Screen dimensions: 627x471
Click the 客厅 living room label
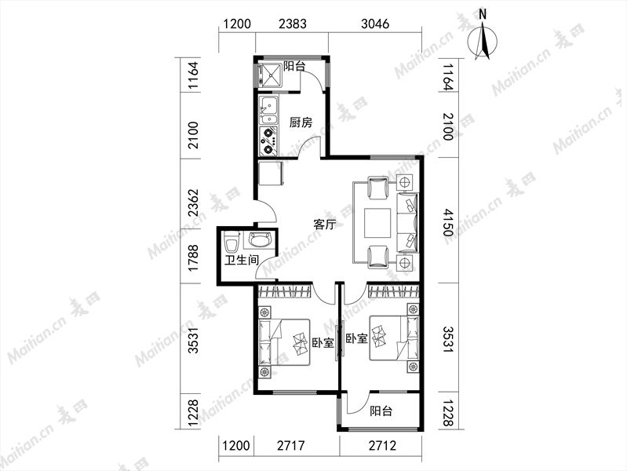point(324,225)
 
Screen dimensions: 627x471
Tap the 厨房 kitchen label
point(301,122)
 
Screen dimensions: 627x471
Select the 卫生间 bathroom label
point(241,260)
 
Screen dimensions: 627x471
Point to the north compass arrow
point(483,41)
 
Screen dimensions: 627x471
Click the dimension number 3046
point(374,24)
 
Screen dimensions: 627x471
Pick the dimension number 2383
point(293,24)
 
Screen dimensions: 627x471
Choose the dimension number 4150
point(449,221)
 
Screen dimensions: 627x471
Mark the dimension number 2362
point(194,203)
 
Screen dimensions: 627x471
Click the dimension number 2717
point(290,445)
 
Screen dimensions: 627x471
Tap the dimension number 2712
point(382,445)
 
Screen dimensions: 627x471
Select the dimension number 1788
point(194,258)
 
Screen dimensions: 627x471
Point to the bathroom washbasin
point(260,239)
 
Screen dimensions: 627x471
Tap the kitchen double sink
point(268,111)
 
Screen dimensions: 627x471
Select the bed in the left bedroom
point(284,342)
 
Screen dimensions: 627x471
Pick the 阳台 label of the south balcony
point(381,411)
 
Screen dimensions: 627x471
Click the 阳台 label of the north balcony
point(294,66)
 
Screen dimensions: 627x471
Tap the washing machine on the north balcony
point(270,75)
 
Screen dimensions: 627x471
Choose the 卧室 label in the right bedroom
point(356,339)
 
